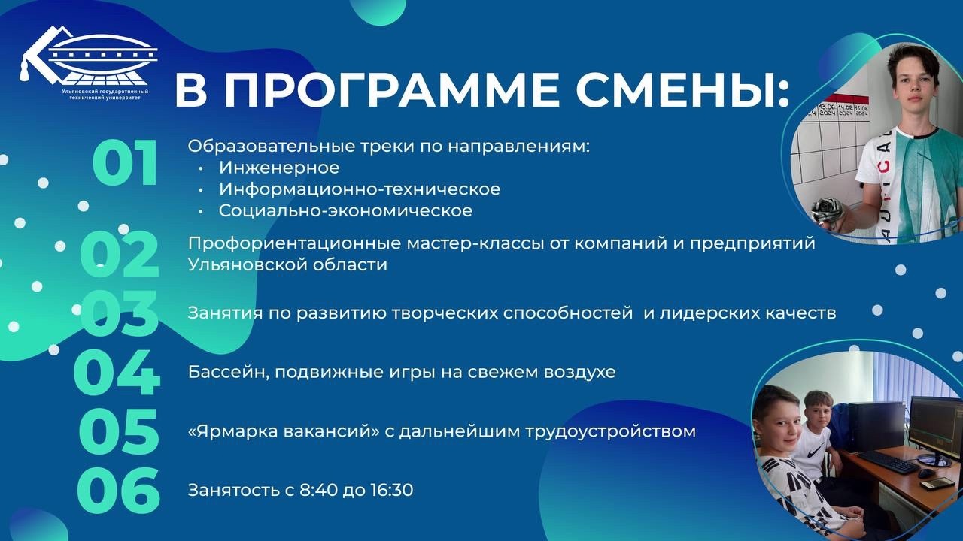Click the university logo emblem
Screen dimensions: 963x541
[x=88, y=55]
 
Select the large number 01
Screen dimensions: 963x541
[x=125, y=163]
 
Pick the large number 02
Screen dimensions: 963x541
[x=120, y=254]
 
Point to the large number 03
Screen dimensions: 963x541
[x=119, y=313]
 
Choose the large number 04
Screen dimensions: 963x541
[x=117, y=372]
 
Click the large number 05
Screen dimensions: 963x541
[x=119, y=431]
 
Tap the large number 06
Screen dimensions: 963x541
[x=118, y=490]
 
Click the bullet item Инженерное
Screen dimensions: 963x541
[x=279, y=168]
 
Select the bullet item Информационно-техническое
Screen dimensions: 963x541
[x=360, y=189]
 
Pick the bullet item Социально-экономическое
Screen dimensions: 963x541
[x=345, y=210]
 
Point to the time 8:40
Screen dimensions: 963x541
[x=318, y=490]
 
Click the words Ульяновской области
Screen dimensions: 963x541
[x=287, y=264]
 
